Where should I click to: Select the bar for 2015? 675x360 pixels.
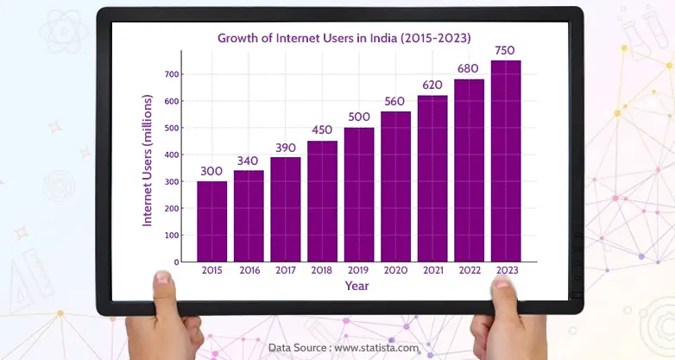click(x=212, y=221)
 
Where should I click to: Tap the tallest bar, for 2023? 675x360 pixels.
click(x=506, y=161)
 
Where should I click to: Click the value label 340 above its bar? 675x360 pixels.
click(x=249, y=161)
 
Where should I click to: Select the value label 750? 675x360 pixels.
click(x=506, y=51)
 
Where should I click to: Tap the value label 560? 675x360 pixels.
click(x=395, y=102)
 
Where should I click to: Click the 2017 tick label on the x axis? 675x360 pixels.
click(x=286, y=270)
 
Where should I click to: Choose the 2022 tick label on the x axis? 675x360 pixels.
click(x=469, y=270)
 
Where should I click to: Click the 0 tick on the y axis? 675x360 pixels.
click(x=176, y=262)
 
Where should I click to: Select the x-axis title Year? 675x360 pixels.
click(x=357, y=285)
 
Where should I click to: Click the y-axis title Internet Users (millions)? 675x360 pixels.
click(x=148, y=161)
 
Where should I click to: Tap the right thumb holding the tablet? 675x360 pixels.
click(x=503, y=284)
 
